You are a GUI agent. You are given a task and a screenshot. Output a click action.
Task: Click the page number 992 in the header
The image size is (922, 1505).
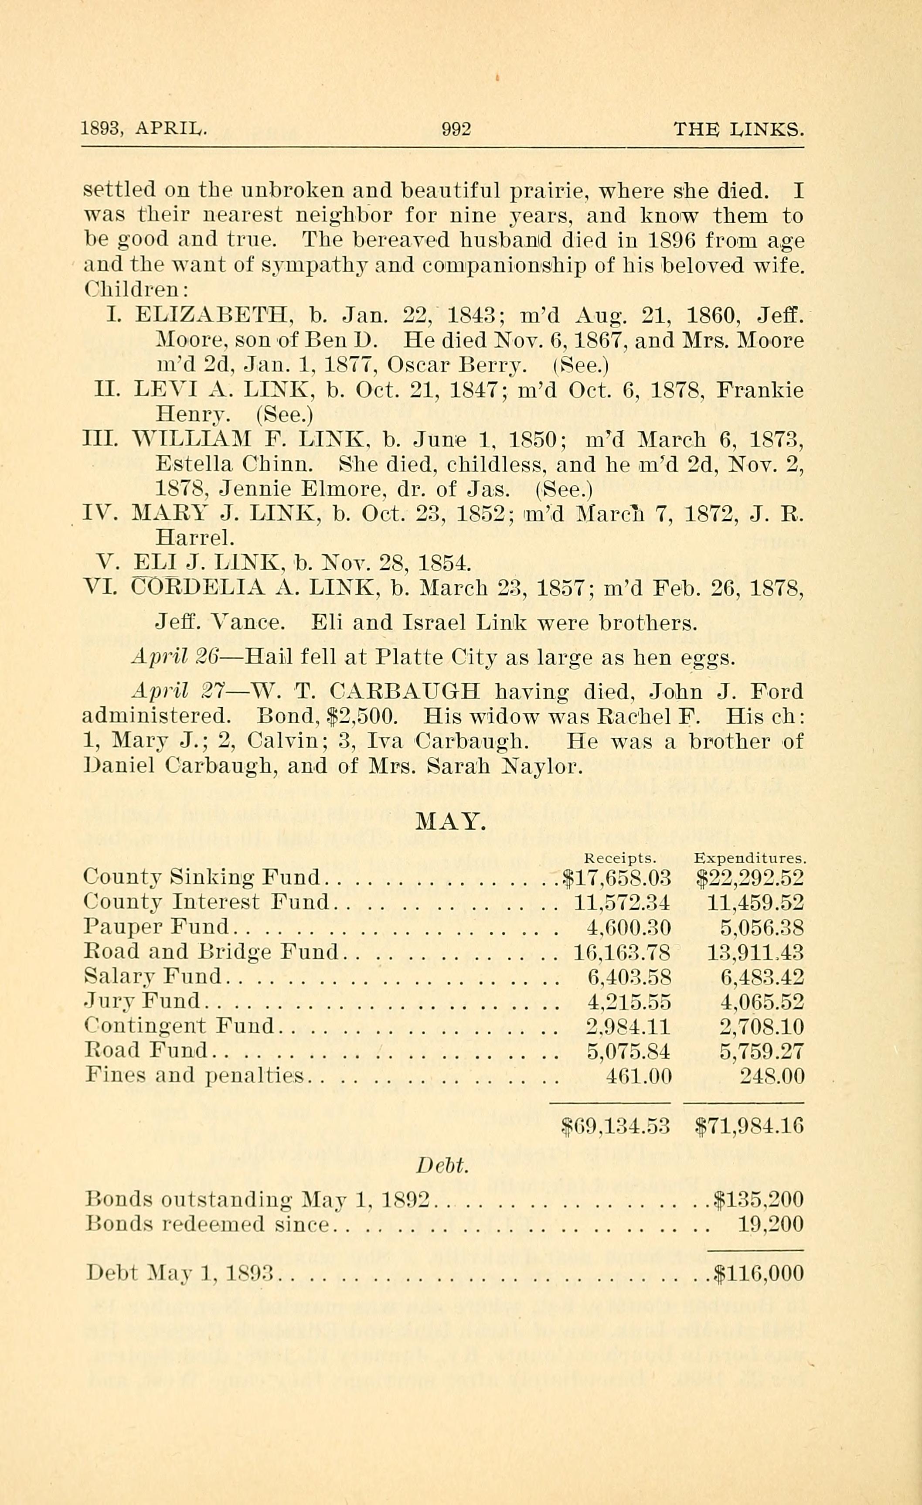(456, 129)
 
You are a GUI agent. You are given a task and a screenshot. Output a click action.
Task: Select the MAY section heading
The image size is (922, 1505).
(451, 823)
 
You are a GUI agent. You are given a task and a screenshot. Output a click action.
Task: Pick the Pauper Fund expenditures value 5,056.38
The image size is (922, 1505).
(762, 928)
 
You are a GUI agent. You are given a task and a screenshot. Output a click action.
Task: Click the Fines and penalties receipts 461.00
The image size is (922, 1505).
(638, 1076)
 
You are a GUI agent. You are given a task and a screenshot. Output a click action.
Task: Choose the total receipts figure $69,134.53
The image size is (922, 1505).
(616, 1125)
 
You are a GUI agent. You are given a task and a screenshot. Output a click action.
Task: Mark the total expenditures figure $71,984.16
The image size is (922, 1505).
(750, 1125)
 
